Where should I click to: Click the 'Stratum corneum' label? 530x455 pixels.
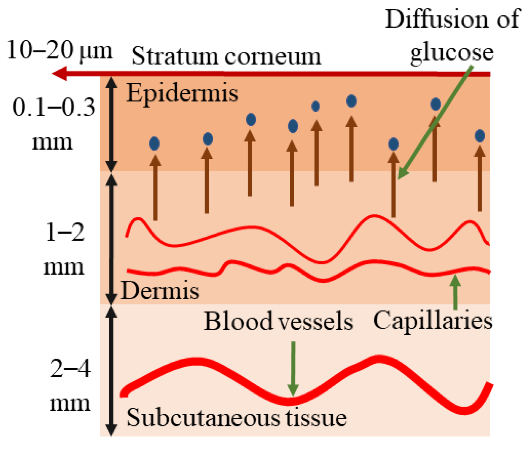pyautogui.click(x=226, y=56)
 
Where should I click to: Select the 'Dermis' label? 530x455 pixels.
pyautogui.click(x=160, y=291)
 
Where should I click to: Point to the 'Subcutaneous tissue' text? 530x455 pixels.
pyautogui.click(x=237, y=418)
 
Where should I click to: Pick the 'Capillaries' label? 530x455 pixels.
pyautogui.click(x=433, y=321)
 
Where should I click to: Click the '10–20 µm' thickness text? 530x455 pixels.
pyautogui.click(x=59, y=50)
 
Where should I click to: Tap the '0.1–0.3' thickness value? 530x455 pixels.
pyautogui.click(x=54, y=108)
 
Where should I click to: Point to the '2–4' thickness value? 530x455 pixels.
pyautogui.click(x=70, y=369)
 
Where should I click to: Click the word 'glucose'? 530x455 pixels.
pyautogui.click(x=452, y=53)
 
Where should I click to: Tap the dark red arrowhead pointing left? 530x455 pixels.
pyautogui.click(x=60, y=74)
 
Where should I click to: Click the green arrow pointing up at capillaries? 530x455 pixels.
pyautogui.click(x=455, y=292)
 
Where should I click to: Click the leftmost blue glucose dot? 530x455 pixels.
pyautogui.click(x=154, y=144)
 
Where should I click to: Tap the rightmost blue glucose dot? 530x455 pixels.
pyautogui.click(x=480, y=136)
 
